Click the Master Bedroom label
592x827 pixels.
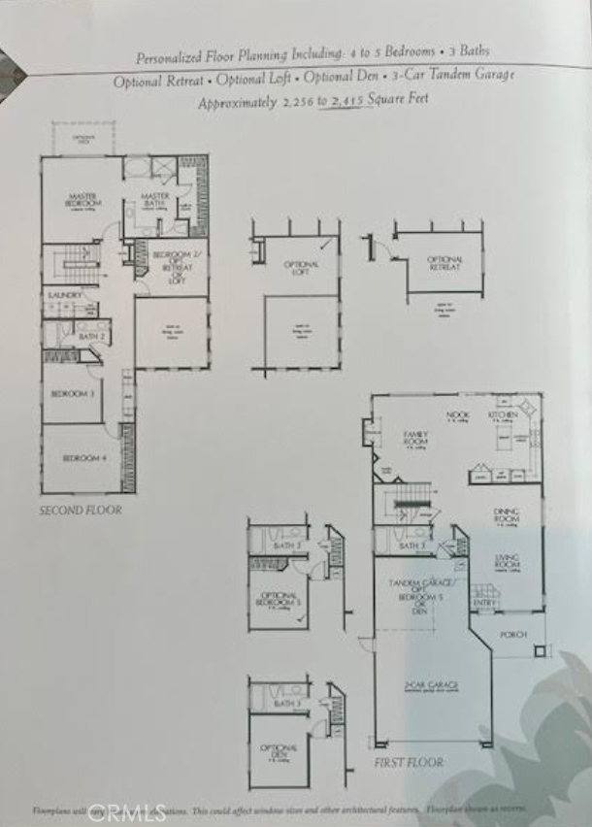(83, 199)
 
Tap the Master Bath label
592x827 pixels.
(154, 198)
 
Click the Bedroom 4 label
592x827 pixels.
(83, 457)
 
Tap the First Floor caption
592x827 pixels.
(409, 763)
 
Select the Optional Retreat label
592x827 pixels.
(445, 262)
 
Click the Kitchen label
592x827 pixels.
(503, 414)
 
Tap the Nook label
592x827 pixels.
(457, 414)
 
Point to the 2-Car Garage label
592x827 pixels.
(431, 686)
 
